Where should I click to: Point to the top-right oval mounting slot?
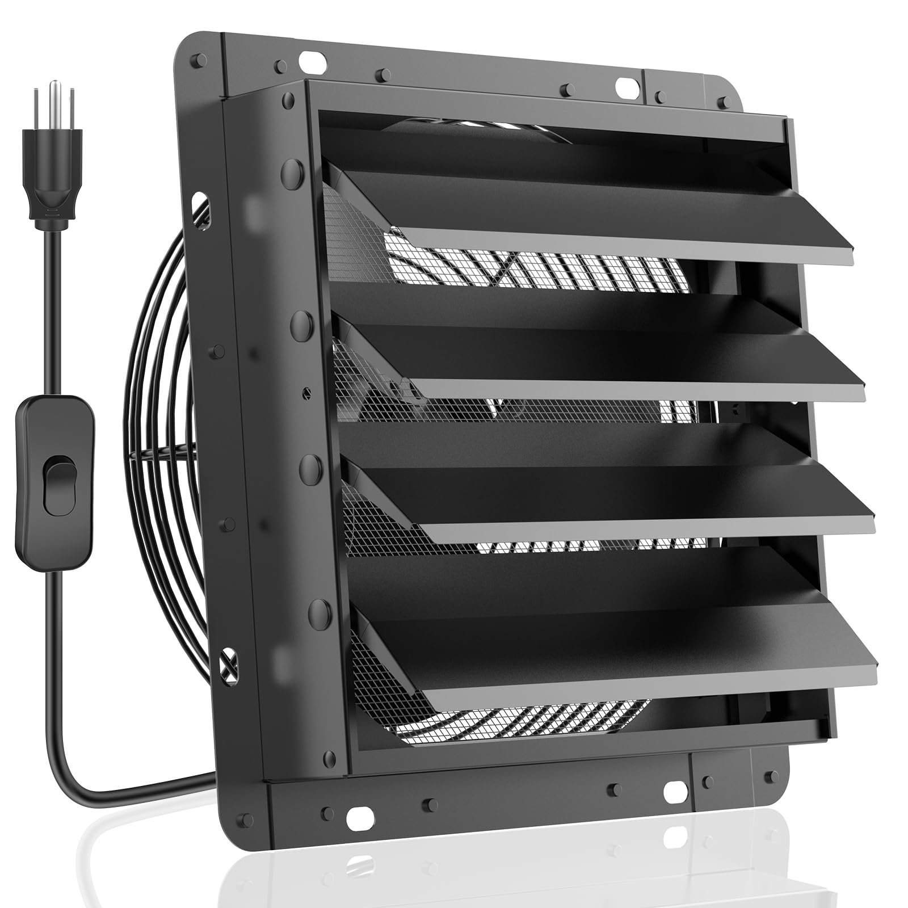[x=625, y=86]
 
